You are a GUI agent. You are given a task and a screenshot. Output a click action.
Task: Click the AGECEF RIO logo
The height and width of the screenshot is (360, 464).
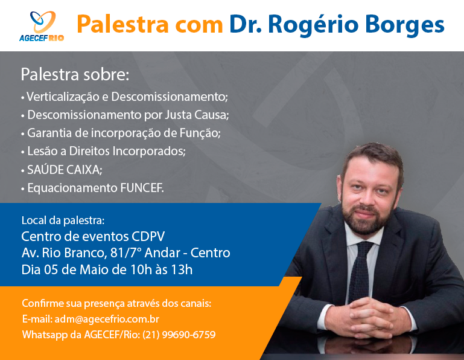(x=42, y=26)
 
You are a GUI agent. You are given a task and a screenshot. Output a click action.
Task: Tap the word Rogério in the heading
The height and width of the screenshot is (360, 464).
(x=313, y=25)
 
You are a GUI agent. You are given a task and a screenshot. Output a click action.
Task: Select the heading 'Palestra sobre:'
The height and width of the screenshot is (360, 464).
(x=75, y=74)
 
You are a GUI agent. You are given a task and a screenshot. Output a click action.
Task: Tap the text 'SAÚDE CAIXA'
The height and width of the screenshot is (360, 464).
(x=64, y=170)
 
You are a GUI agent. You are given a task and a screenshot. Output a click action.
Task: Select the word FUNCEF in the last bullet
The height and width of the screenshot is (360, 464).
(x=141, y=188)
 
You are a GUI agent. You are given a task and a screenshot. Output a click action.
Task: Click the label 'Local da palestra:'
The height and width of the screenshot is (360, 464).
(x=63, y=220)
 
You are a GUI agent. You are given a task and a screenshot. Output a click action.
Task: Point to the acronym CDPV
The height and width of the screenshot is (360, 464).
(x=148, y=236)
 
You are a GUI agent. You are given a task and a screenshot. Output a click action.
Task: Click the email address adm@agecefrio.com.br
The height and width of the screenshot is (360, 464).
(x=107, y=319)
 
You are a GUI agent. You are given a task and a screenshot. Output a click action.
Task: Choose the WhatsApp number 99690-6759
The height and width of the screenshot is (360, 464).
(x=189, y=335)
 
